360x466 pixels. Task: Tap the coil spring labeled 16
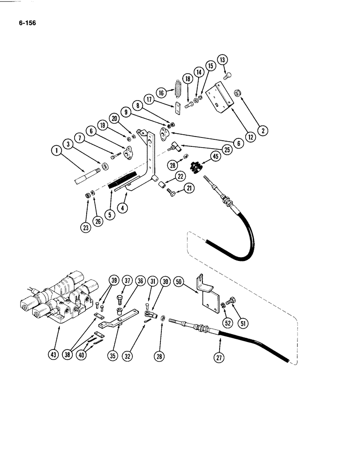(x=178, y=88)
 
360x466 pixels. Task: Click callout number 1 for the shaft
(x=58, y=151)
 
